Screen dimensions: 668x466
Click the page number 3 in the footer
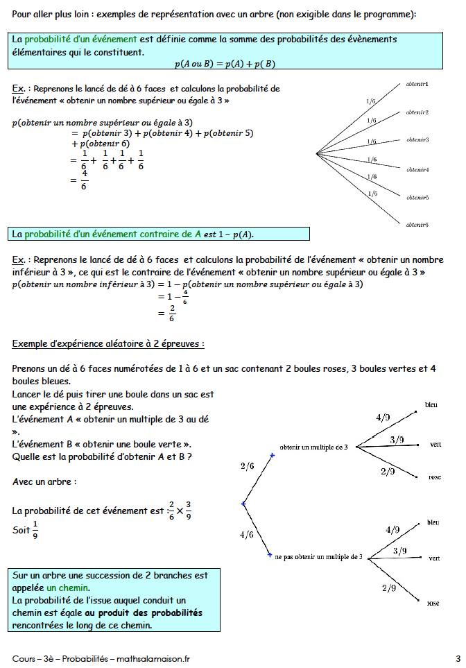[458, 658]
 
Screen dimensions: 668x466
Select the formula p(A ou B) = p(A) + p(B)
[225, 64]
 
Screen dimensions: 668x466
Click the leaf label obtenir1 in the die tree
[417, 84]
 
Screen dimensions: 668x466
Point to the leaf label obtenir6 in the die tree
[417, 225]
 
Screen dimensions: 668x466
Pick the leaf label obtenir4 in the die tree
[417, 169]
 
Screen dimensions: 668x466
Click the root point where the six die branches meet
[317, 153]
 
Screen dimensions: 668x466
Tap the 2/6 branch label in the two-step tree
[248, 466]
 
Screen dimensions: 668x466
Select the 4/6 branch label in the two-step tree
[246, 535]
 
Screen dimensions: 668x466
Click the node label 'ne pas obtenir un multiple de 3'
[318, 557]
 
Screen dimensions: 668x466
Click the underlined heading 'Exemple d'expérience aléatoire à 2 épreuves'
[108, 344]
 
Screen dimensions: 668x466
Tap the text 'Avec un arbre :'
[45, 481]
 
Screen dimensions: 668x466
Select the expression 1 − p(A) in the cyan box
[240, 234]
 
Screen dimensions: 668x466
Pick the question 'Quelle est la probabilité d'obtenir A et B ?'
[102, 456]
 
